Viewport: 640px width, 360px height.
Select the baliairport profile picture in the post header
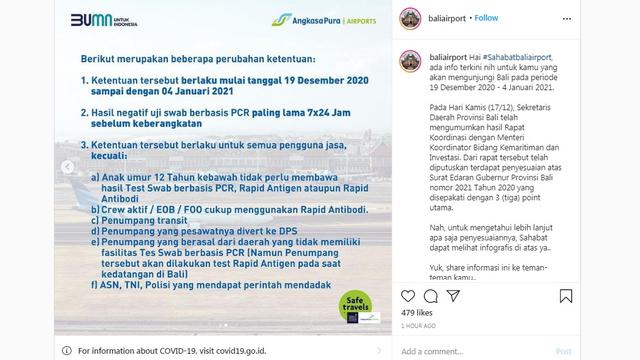pyautogui.click(x=410, y=18)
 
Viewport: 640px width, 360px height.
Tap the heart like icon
pyautogui.click(x=406, y=295)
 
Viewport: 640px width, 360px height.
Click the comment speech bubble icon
pyautogui.click(x=429, y=295)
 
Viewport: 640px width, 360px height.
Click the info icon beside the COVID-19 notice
pyautogui.click(x=68, y=350)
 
